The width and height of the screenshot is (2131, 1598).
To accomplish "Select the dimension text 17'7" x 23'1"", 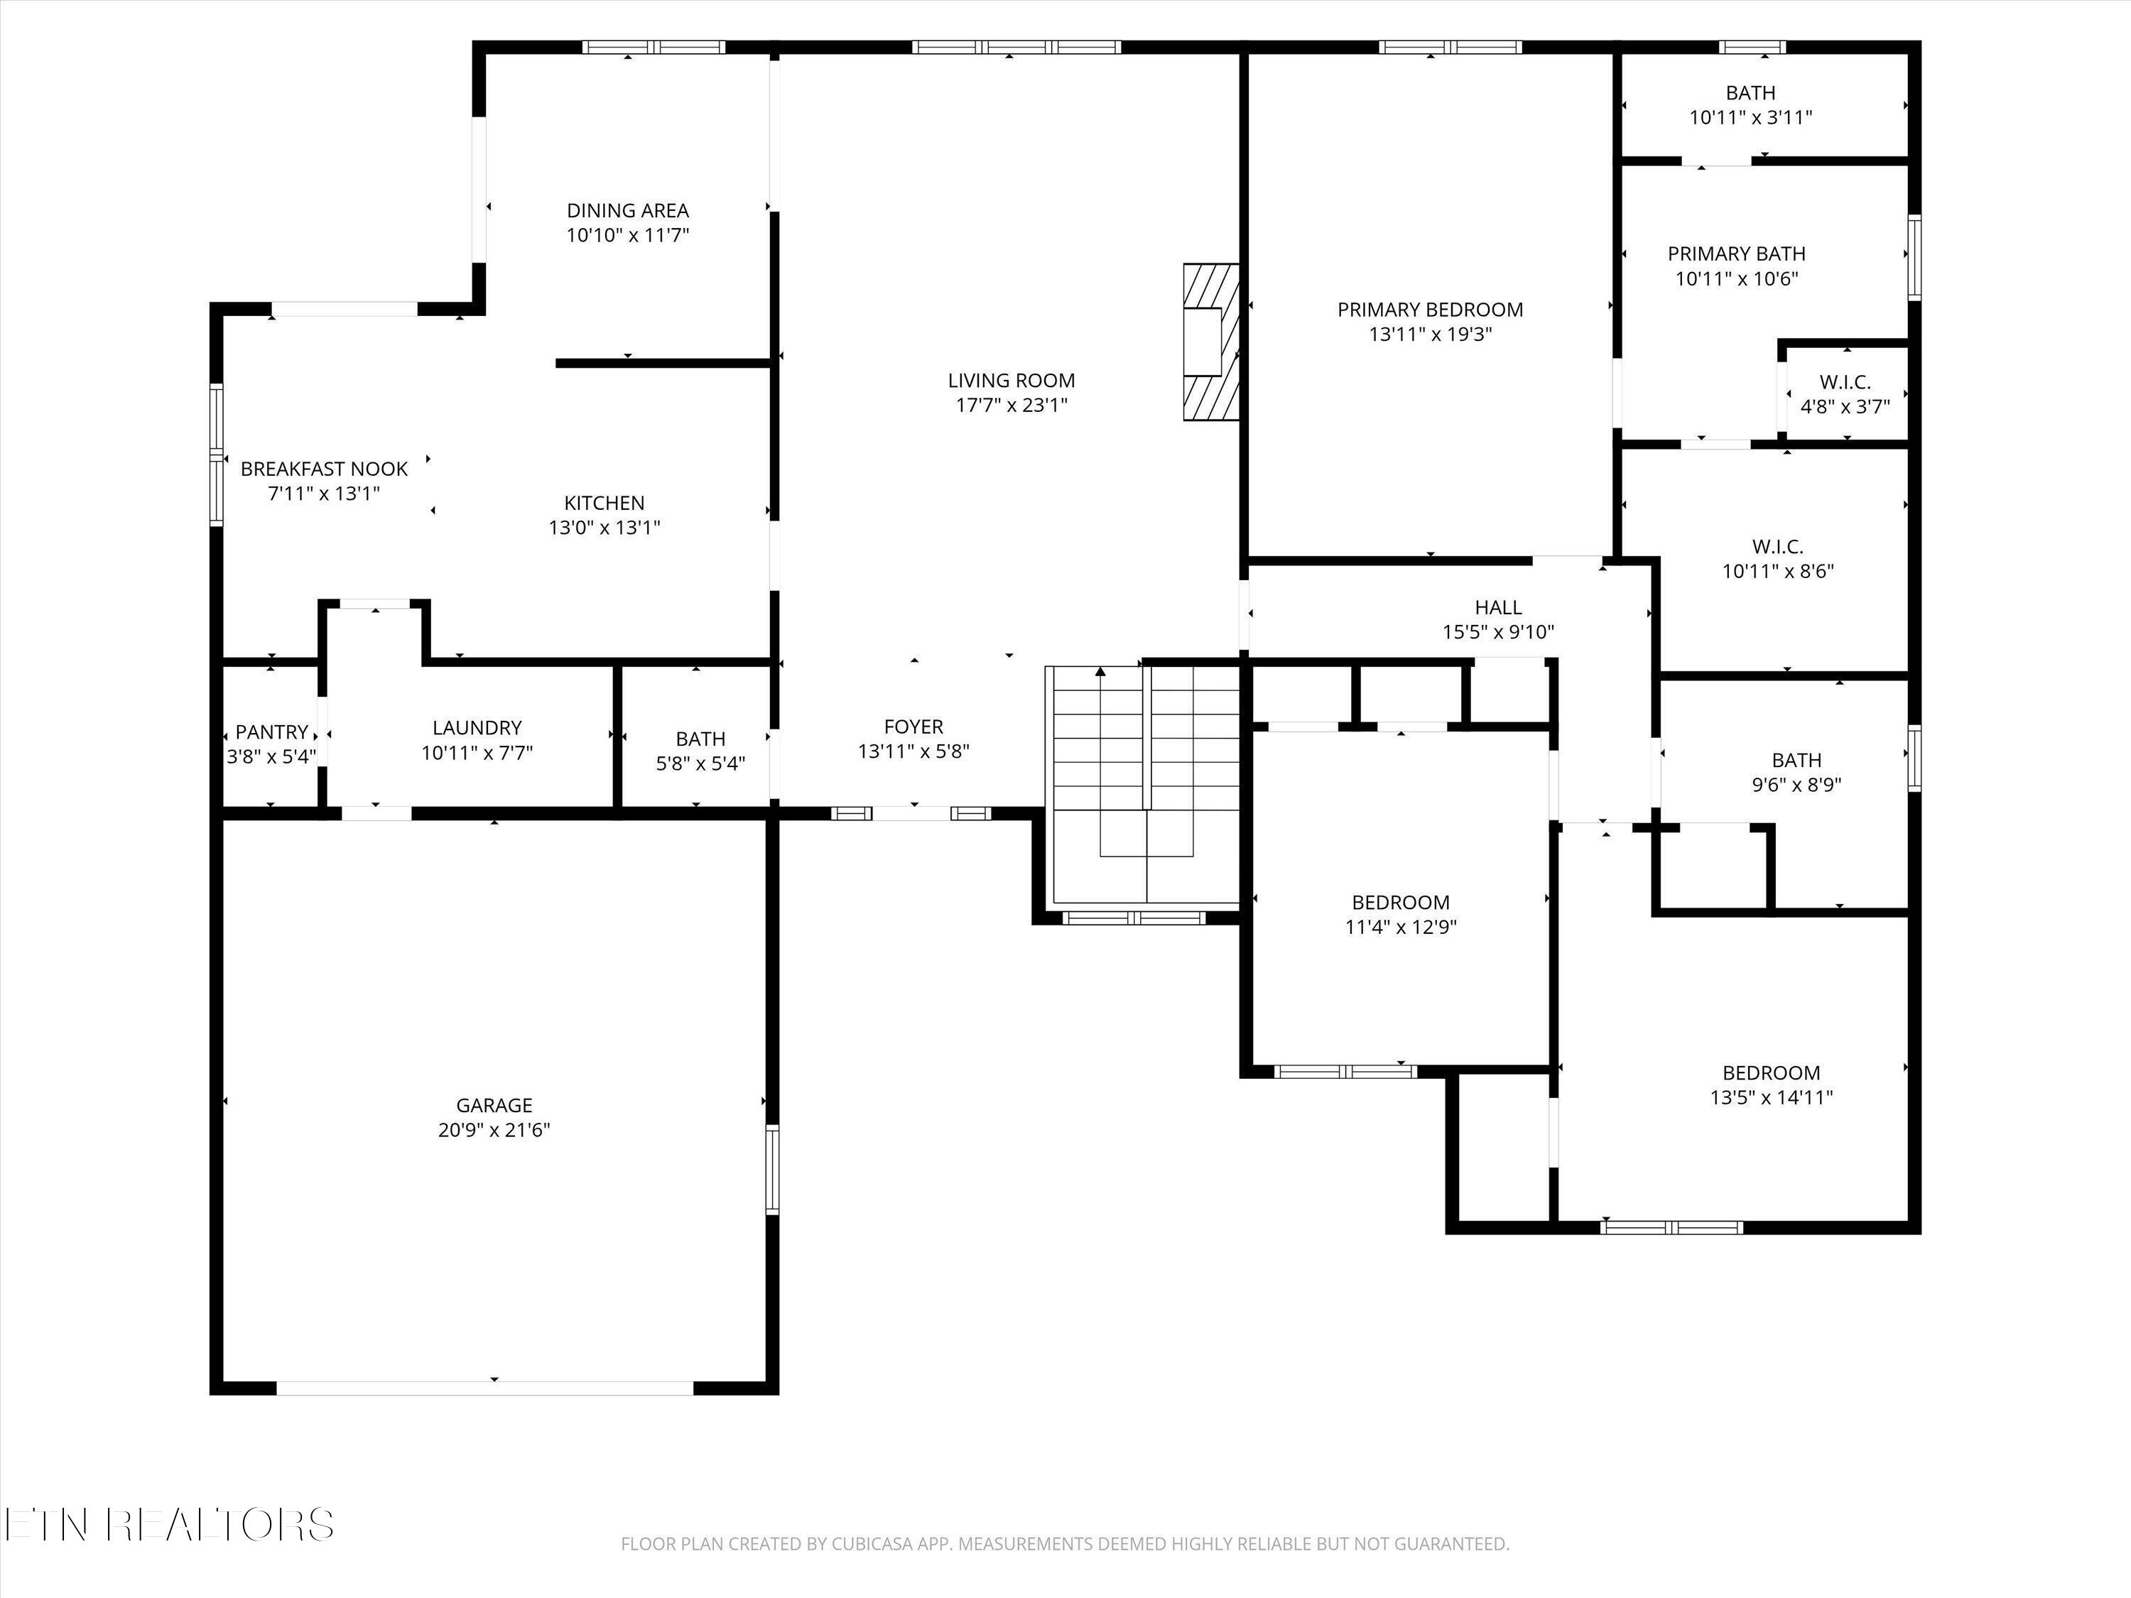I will coord(1011,406).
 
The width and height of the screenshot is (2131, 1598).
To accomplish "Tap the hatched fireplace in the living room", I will coord(1211,342).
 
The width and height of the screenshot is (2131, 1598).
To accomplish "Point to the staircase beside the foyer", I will coord(1144,785).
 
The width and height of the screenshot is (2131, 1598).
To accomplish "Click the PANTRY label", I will coord(271,732).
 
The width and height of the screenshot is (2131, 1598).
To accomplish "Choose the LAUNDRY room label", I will coord(477,727).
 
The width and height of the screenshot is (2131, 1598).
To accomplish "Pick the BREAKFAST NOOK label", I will coord(324,469).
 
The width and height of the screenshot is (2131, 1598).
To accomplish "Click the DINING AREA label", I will coord(627,210).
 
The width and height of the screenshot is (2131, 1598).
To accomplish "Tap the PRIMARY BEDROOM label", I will coord(1430,309).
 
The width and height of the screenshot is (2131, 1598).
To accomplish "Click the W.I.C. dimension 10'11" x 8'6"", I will coord(1777,571).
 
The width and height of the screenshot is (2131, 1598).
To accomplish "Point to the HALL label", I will coord(1498,607).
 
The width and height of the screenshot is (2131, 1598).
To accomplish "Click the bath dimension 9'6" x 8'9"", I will coord(1796,785).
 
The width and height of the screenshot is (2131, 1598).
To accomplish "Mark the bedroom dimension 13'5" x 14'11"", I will coord(1771,1097).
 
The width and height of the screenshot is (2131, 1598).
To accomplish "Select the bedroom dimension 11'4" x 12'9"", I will coord(1400,928).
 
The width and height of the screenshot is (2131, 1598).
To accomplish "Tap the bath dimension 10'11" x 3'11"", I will coord(1750,117).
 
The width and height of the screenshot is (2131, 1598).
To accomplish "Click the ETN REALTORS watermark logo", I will coord(168,1525).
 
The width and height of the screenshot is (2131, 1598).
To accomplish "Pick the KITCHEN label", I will coord(604,503).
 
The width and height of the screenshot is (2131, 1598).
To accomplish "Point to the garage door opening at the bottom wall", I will coord(484,1388).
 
